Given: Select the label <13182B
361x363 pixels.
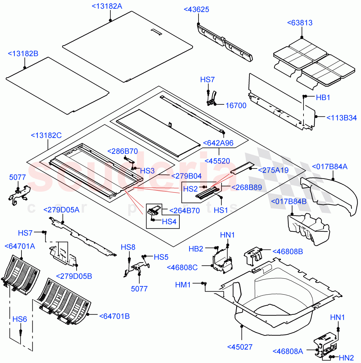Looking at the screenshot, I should (23, 54).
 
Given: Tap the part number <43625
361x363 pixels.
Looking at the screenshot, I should (196, 9).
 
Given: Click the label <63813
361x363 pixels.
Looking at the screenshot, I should (300, 23).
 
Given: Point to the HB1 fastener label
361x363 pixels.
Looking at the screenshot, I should (323, 97).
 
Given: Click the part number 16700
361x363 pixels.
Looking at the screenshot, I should (236, 106).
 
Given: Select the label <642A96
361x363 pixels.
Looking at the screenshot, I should (218, 143).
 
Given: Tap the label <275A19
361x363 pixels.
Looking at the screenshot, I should (273, 170).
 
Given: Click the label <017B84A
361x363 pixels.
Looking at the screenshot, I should (330, 166).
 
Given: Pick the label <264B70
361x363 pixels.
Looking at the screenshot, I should (184, 211).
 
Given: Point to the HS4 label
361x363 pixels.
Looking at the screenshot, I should (169, 222).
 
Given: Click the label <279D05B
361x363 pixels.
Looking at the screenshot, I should (74, 276).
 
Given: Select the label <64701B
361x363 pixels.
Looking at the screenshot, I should (114, 316).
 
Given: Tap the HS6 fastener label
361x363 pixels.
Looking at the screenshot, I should (20, 319).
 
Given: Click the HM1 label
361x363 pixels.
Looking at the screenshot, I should (183, 285).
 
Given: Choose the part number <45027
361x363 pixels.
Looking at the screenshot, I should (240, 347).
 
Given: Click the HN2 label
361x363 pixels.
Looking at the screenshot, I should (346, 358).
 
